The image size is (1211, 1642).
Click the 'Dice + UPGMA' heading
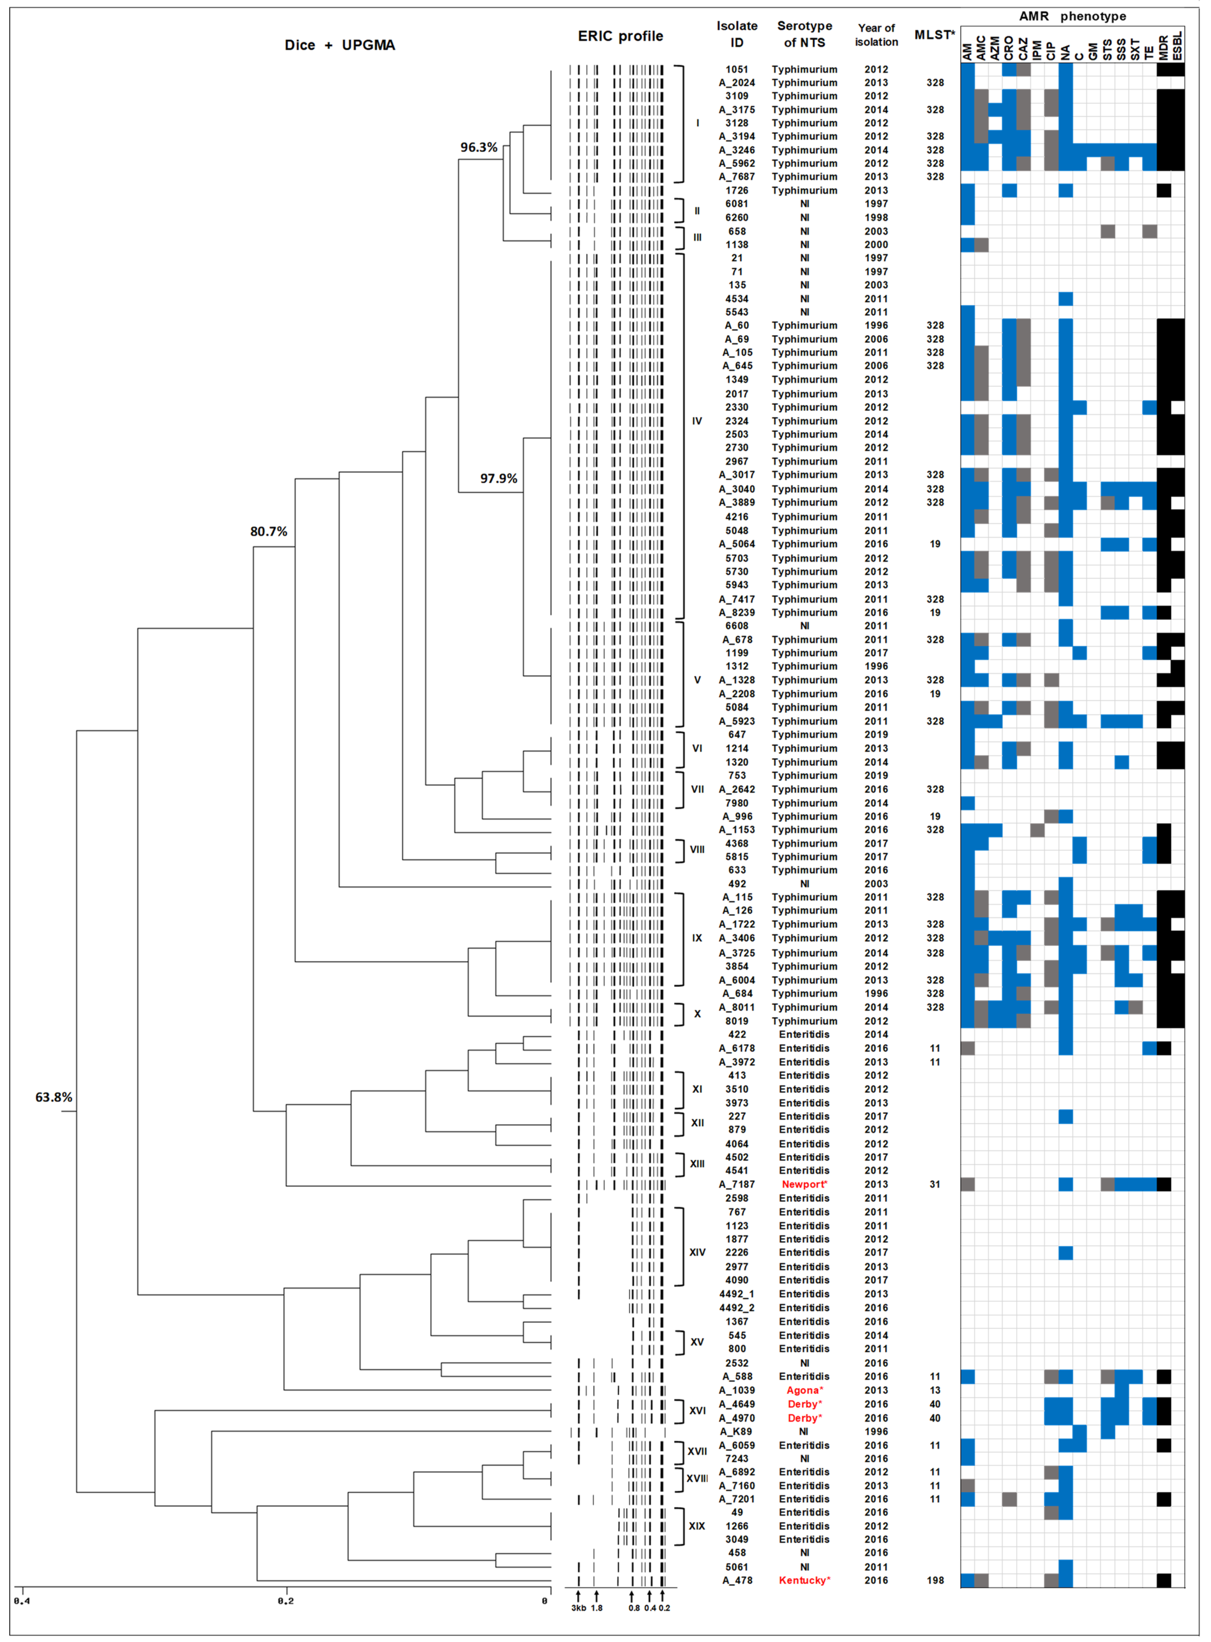[x=339, y=45]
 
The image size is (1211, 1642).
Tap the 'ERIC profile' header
[x=620, y=36]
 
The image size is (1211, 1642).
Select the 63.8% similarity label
[x=53, y=1097]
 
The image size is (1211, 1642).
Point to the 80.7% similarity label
[x=268, y=532]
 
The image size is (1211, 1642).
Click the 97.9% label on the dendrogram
[x=498, y=479]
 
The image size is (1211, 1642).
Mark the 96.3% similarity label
[x=479, y=147]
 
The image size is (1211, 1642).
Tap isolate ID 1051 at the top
[x=737, y=70]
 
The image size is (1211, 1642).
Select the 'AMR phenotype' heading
[x=1072, y=16]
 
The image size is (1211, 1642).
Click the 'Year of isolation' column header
[x=876, y=35]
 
